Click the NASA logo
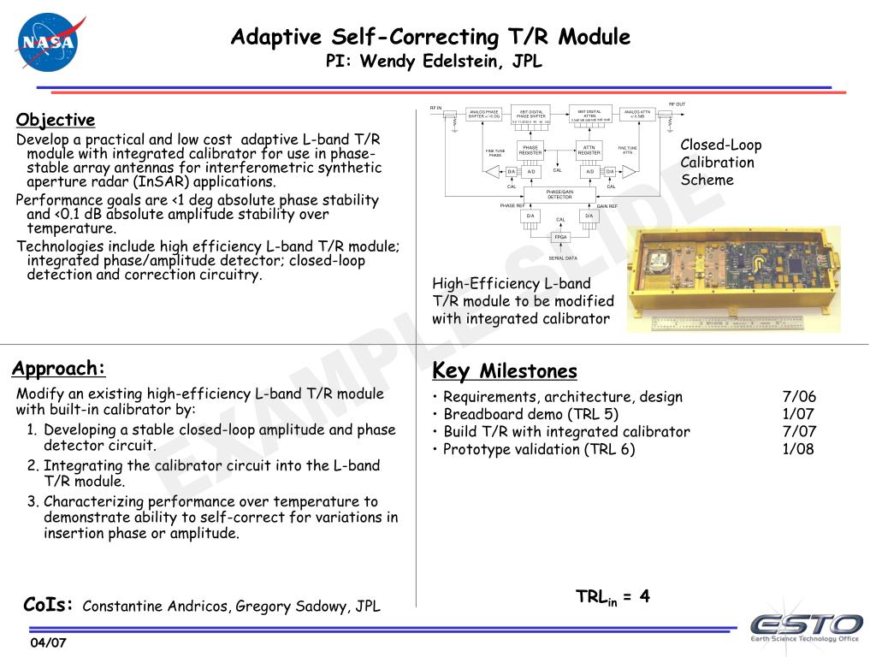click(x=49, y=42)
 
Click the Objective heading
click(x=56, y=120)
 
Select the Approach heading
click(x=58, y=369)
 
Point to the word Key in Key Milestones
click(x=451, y=370)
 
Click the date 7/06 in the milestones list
click(x=799, y=397)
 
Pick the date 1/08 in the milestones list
click(x=798, y=449)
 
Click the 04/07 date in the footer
click(x=48, y=643)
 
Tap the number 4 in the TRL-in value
click(x=644, y=596)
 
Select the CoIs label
click(x=50, y=606)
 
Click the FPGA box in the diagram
click(x=560, y=237)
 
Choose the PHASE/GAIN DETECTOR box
click(x=559, y=195)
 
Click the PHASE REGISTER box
click(x=530, y=151)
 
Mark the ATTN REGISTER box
click(x=589, y=151)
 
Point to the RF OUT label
click(x=677, y=104)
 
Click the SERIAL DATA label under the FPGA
click(x=562, y=257)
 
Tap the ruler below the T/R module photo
click(x=727, y=323)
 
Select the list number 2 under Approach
click(x=32, y=466)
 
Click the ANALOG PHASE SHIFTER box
click(x=484, y=114)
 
